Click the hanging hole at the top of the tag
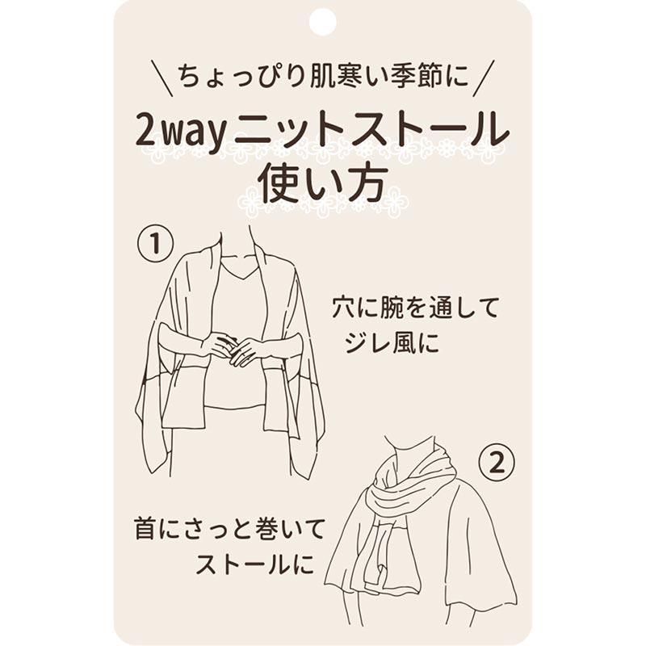coord(322,22)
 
